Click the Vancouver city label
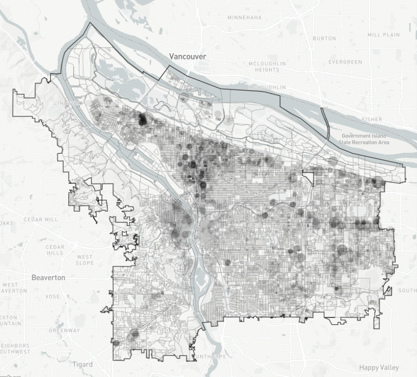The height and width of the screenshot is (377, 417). [187, 56]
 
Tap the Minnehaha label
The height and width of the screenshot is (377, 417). [244, 18]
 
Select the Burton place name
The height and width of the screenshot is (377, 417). [324, 38]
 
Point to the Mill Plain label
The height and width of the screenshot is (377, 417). [384, 35]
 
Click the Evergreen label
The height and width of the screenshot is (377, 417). [345, 62]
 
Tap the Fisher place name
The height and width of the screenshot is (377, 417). [372, 119]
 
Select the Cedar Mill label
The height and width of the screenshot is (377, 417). [41, 220]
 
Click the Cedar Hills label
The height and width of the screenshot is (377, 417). [55, 250]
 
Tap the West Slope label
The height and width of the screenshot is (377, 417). [85, 260]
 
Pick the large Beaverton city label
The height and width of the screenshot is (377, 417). [48, 277]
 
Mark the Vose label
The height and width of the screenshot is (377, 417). [52, 296]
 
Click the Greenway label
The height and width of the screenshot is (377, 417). [64, 331]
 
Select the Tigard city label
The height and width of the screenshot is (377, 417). [82, 364]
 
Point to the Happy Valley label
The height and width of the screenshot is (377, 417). [379, 368]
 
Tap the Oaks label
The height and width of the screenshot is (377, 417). [7, 223]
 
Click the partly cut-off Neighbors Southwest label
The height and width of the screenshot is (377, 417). [15, 349]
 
